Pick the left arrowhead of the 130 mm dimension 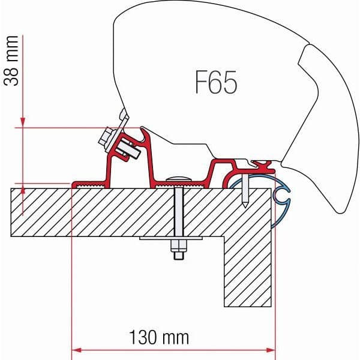(x=77, y=349)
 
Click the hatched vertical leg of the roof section (x=248, y=270)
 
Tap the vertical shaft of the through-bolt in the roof (x=178, y=210)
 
